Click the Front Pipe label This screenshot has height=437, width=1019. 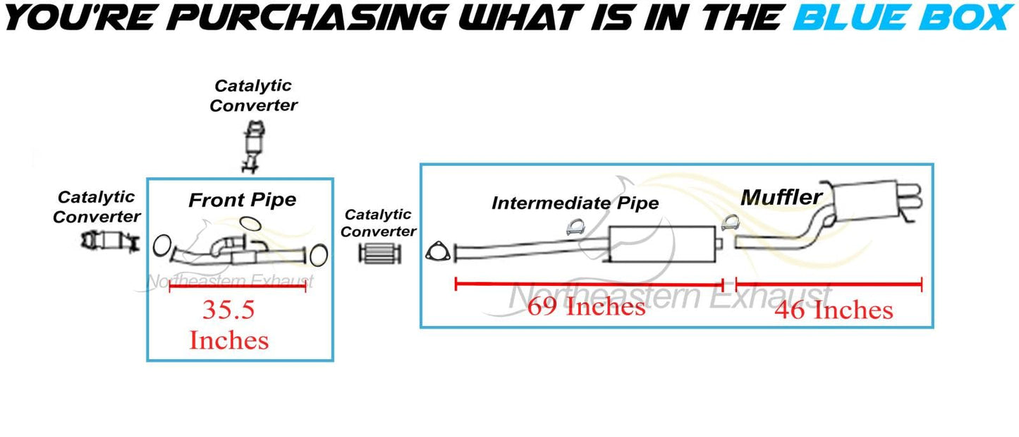[242, 200]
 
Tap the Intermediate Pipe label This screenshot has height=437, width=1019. [575, 203]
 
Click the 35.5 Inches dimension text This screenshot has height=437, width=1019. [228, 325]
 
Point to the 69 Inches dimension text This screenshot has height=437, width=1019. [587, 306]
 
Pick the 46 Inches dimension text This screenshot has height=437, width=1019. [834, 310]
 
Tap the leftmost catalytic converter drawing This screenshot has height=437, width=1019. [108, 241]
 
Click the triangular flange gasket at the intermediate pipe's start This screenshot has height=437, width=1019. [437, 251]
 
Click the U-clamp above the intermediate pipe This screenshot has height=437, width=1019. [575, 227]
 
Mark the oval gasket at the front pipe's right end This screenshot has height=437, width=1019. [319, 255]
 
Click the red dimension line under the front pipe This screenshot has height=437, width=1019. [237, 287]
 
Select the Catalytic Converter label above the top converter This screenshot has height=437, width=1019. [253, 96]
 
